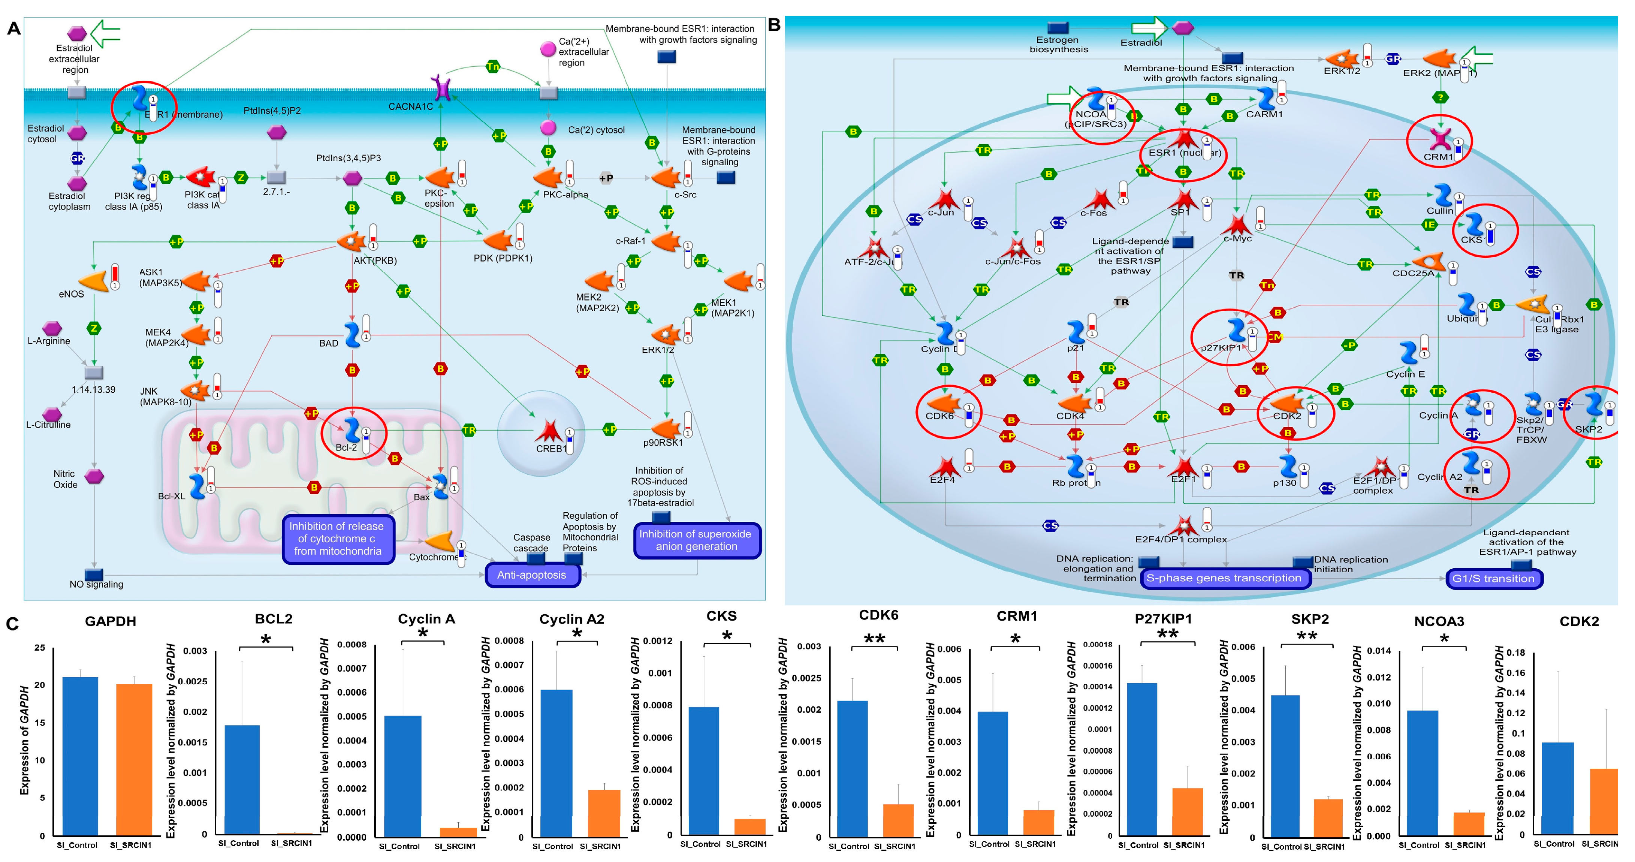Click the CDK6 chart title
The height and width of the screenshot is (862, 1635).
coord(878,615)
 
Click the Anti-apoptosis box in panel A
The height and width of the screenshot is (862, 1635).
coord(532,575)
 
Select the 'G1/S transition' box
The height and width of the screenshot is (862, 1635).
coord(1493,578)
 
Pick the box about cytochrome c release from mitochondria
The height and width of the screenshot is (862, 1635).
coord(337,538)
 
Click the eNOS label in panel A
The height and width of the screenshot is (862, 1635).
coord(71,294)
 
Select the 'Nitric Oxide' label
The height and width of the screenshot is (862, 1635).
coord(65,479)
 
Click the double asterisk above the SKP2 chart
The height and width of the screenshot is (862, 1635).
coord(1306,636)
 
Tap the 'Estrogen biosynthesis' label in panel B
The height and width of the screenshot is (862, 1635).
coord(1058,45)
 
